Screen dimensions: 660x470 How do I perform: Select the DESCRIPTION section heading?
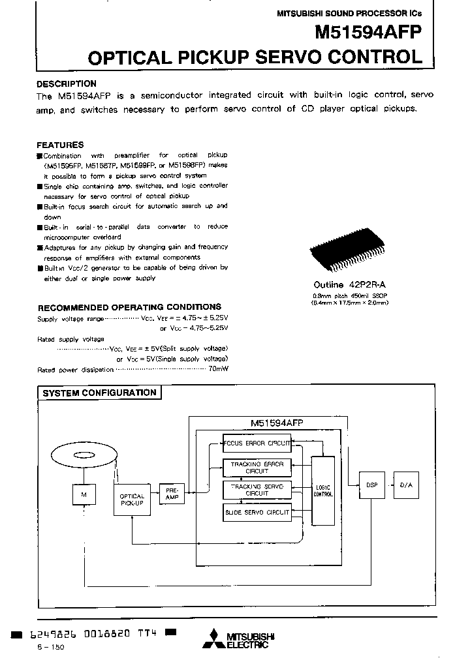tap(66, 83)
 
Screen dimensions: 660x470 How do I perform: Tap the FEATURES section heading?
tap(60, 145)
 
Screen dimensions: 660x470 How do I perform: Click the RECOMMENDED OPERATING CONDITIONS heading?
tap(129, 307)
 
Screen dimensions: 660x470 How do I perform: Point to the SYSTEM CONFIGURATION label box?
tap(99, 393)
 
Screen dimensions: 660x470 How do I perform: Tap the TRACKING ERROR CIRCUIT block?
tap(257, 467)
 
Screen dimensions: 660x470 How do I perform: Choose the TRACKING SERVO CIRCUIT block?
tap(257, 490)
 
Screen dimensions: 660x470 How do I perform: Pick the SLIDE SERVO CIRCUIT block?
tap(257, 513)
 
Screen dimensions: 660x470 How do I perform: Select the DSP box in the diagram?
tap(371, 485)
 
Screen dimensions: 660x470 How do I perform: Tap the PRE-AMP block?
tap(172, 493)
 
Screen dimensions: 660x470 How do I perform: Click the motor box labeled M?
tap(83, 495)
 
